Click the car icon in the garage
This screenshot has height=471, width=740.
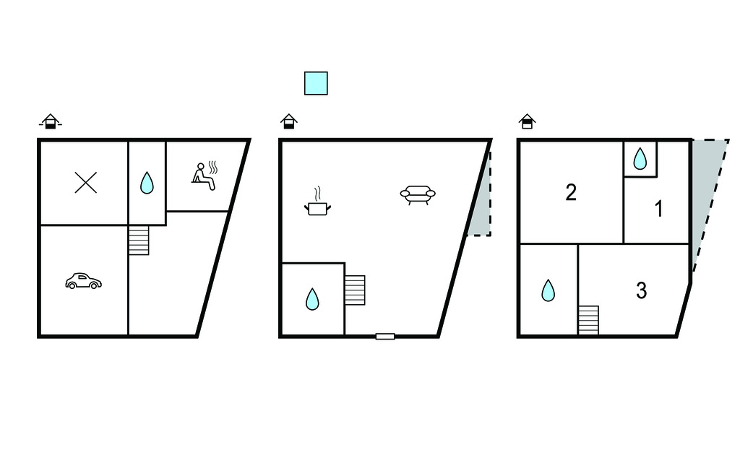click(83, 281)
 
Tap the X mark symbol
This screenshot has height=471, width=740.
click(86, 183)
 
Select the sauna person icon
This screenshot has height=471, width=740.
click(205, 176)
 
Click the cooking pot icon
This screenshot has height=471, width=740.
click(318, 202)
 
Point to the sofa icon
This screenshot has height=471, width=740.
click(418, 195)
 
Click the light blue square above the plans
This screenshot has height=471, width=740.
click(316, 84)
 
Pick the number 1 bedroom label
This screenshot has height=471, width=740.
click(659, 209)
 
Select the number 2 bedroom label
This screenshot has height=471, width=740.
click(571, 193)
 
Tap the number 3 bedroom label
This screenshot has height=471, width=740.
click(641, 290)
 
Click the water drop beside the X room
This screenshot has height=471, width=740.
click(147, 183)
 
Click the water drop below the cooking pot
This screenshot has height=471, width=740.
click(312, 299)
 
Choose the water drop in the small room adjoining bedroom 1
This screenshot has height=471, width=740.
click(640, 159)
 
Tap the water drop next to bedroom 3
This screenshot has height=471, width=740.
click(548, 290)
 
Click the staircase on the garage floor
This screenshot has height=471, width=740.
click(139, 241)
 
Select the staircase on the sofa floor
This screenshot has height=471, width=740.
click(355, 290)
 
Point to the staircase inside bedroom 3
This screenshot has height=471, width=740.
click(588, 321)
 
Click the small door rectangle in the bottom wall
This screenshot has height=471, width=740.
click(385, 337)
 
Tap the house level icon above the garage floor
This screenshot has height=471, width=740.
click(51, 121)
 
